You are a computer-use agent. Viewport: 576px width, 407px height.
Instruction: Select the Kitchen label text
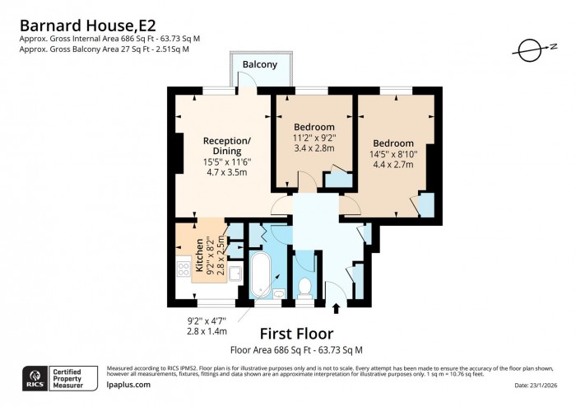pyautogui.click(x=198, y=255)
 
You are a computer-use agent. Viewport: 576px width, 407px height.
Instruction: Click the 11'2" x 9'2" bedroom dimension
pyautogui.click(x=314, y=138)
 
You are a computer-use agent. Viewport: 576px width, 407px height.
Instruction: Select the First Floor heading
pyautogui.click(x=296, y=334)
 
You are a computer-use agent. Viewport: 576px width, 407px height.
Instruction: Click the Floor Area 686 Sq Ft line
pyautogui.click(x=296, y=350)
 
